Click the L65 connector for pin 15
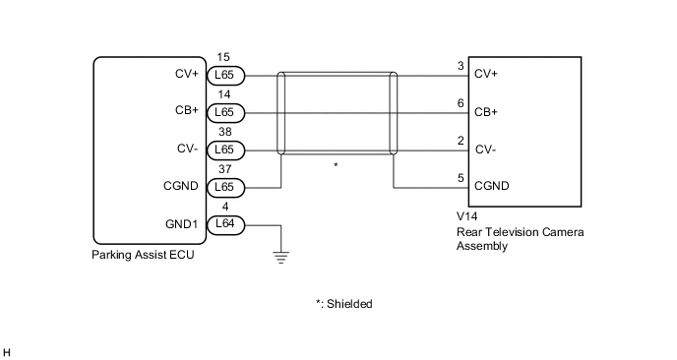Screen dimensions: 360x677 (224, 75)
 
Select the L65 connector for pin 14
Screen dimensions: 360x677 (224, 112)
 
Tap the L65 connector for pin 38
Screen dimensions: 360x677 (224, 150)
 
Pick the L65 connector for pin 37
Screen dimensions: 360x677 (224, 187)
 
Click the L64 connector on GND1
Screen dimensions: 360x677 (224, 224)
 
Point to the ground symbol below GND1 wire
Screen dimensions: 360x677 (281, 259)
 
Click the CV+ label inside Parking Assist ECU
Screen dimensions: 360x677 (185, 74)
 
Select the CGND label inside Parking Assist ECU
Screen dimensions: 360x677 (180, 186)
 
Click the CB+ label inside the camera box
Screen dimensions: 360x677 (486, 112)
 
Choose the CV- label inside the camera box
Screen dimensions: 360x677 (484, 150)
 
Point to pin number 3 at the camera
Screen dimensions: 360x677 (461, 66)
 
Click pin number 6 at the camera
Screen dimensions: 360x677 (461, 103)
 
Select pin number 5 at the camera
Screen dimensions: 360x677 (461, 178)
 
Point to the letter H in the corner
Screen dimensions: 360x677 (8, 351)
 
